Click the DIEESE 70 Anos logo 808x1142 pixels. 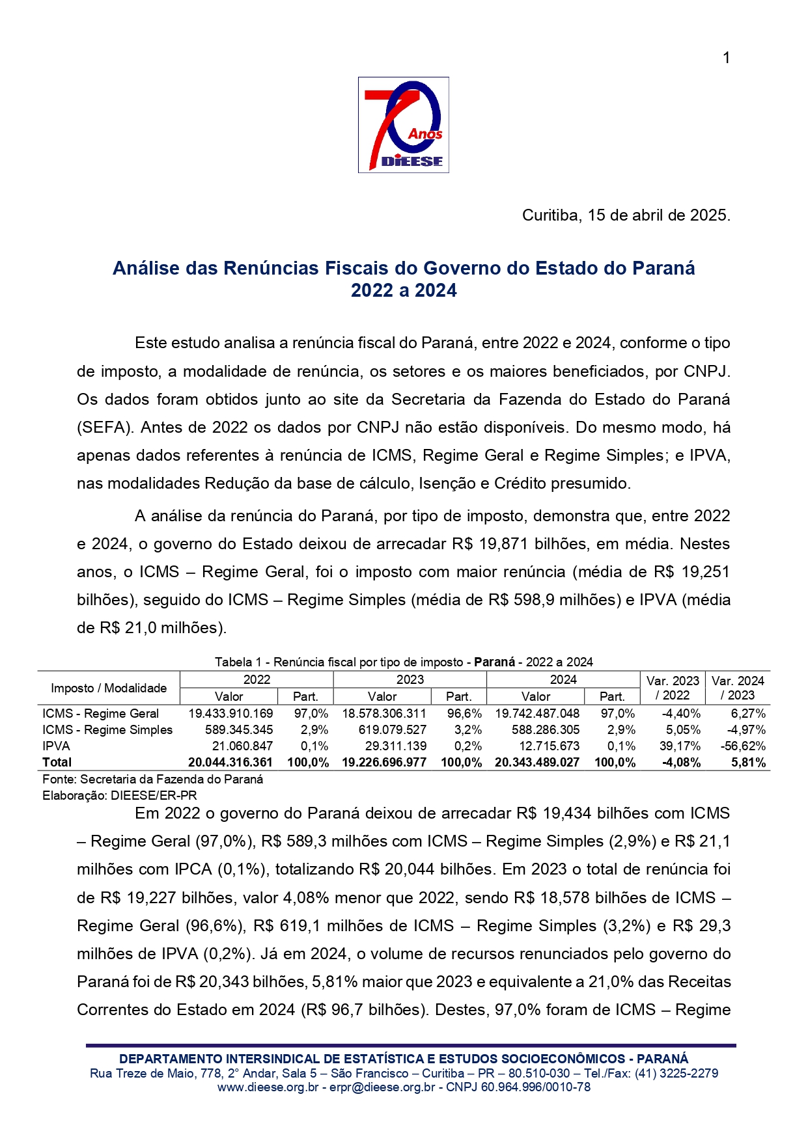403,125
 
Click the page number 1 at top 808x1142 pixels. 726,58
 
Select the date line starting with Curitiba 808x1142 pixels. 626,215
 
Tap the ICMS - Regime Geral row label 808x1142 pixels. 100,714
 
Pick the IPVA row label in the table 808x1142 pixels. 56,746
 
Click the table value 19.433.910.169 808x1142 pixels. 230,714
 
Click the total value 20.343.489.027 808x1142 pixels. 536,763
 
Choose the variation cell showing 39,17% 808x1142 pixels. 680,746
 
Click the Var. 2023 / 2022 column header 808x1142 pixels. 673,688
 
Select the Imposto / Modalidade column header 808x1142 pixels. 109,688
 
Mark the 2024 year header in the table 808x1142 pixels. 563,680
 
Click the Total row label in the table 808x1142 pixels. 57,763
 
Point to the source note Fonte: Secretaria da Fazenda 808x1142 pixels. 152,780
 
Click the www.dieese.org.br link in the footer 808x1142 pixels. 268,1087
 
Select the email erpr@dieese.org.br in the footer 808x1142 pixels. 382,1087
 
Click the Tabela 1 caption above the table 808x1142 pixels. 404,662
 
